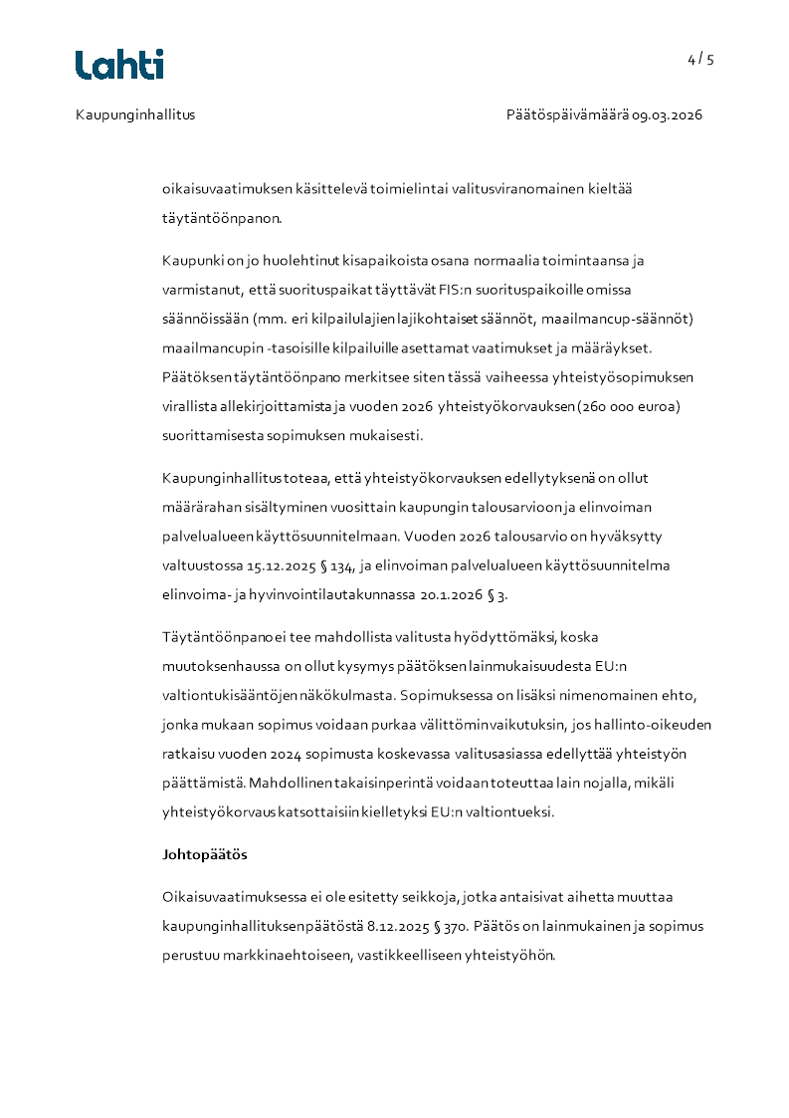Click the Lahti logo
pyautogui.click(x=119, y=65)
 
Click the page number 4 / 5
pyautogui.click(x=700, y=59)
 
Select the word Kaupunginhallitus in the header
pyautogui.click(x=135, y=114)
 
